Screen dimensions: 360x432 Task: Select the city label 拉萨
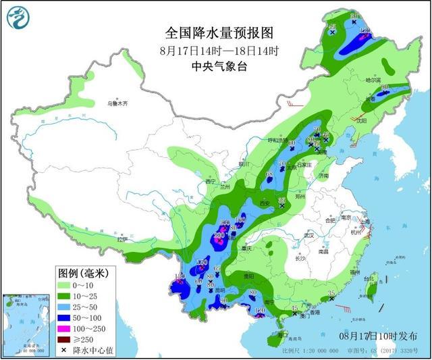click(x=122, y=240)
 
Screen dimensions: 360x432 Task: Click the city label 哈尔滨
click(x=373, y=80)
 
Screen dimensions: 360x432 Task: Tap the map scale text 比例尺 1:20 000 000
click(x=307, y=351)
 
